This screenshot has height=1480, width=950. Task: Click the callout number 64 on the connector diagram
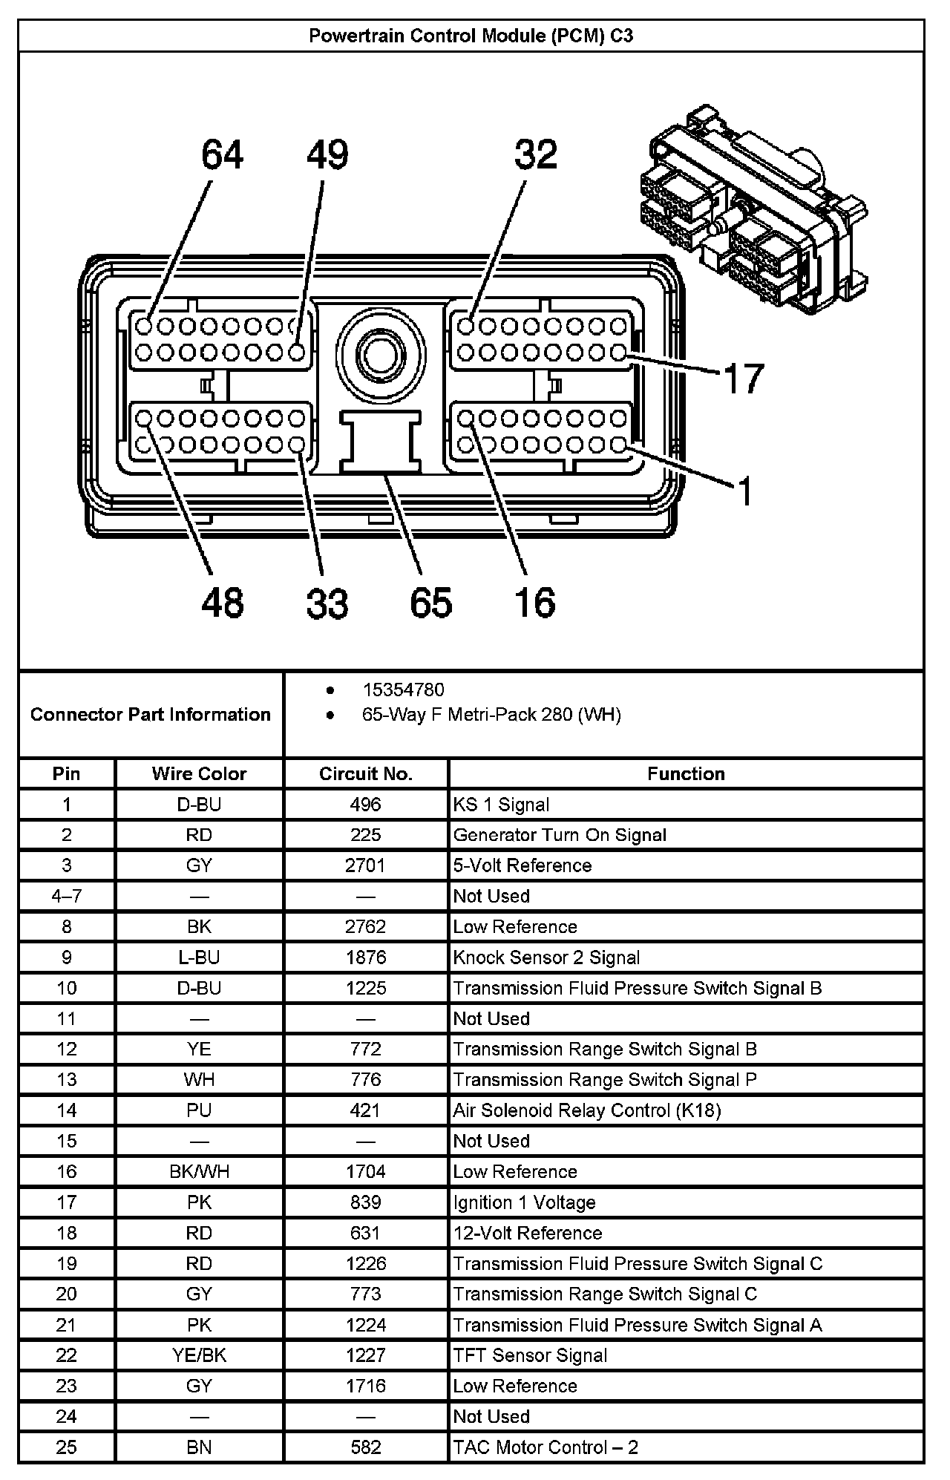tap(222, 156)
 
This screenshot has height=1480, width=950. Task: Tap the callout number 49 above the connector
tap(327, 156)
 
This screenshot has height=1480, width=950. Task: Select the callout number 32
tap(535, 155)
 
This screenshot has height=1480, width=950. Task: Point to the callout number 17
tap(743, 379)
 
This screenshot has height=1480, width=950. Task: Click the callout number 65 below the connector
tap(430, 603)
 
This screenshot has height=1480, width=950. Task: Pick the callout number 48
tap(222, 603)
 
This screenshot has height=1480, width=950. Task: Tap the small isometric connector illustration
tap(753, 212)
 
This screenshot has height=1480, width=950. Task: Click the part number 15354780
tap(403, 690)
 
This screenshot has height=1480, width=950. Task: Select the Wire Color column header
tap(199, 773)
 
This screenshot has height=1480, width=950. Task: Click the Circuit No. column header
tap(365, 773)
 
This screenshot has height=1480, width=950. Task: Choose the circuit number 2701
tap(365, 865)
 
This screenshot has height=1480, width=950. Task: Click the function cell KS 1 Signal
tap(502, 805)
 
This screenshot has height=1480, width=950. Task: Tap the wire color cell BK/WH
tap(199, 1171)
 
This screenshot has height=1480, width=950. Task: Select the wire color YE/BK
tap(199, 1355)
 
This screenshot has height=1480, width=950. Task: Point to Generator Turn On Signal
tap(560, 835)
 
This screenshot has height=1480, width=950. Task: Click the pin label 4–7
tap(67, 896)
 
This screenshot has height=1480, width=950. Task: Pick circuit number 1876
tap(365, 957)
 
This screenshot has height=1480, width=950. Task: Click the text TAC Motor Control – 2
tap(546, 1447)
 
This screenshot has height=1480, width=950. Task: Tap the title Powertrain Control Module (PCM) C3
tap(471, 36)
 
